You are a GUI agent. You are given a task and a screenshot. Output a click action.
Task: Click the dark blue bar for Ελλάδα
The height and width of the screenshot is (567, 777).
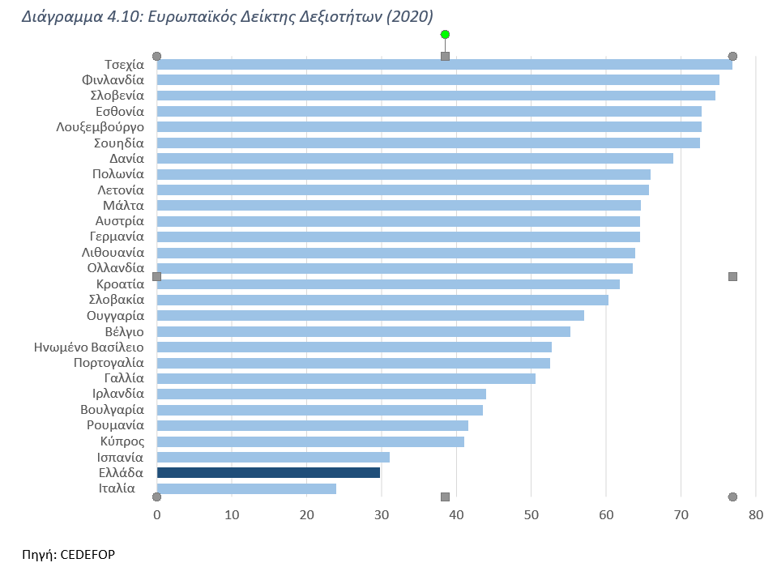click(268, 472)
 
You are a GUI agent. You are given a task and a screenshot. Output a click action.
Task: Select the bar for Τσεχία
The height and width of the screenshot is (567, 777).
click(444, 64)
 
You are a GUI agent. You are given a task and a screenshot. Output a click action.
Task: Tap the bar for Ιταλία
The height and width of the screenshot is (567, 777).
click(246, 488)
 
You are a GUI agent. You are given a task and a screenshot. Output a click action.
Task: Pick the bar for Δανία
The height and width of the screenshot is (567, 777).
click(415, 158)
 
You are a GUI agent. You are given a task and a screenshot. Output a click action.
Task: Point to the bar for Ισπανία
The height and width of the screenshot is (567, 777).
click(273, 457)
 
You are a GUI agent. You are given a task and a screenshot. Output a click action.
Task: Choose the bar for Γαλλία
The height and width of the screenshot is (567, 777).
click(346, 378)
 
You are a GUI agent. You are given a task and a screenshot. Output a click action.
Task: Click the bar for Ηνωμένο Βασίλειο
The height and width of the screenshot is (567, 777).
click(354, 347)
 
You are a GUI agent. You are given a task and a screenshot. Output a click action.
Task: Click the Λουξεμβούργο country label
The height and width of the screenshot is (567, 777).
click(100, 126)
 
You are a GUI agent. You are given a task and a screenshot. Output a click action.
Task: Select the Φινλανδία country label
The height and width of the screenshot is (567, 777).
click(113, 79)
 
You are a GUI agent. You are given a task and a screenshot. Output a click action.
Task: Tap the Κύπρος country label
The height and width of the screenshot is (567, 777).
click(122, 441)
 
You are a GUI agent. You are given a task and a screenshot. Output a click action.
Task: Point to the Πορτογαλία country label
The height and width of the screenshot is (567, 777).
click(109, 363)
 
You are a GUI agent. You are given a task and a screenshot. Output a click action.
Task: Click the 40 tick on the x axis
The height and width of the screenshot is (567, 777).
click(456, 514)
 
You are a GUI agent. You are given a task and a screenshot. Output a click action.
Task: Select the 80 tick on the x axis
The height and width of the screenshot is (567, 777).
click(756, 514)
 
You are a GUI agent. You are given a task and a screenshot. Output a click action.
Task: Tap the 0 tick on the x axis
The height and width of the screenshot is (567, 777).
click(157, 514)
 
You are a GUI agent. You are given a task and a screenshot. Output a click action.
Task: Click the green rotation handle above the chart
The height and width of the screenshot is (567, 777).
click(445, 34)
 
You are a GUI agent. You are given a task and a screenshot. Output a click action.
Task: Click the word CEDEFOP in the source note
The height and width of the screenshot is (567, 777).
click(88, 555)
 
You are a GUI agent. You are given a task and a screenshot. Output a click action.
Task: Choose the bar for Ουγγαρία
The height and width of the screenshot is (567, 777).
click(370, 315)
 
